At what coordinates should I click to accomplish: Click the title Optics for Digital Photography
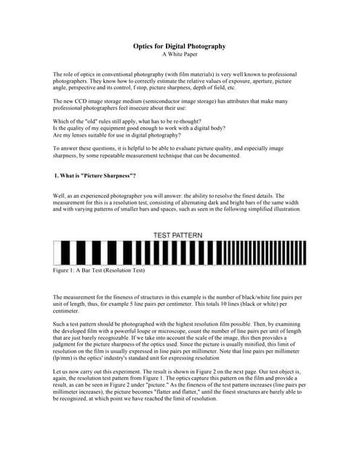coord(179,46)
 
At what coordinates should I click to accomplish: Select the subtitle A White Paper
coord(179,54)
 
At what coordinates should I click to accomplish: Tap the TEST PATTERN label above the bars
coord(178,235)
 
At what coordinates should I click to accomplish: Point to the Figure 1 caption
coord(98,270)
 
